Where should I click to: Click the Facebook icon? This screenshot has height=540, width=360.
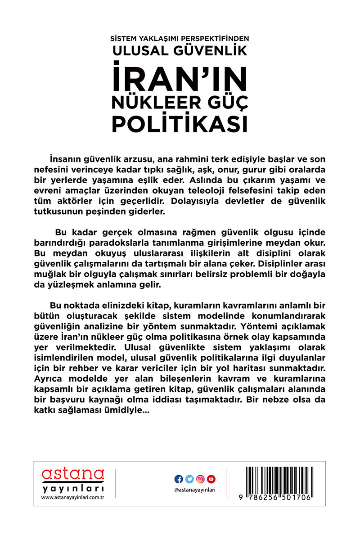(x=178, y=479)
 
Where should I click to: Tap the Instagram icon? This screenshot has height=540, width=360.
(x=201, y=479)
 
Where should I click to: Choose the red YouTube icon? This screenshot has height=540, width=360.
(x=212, y=479)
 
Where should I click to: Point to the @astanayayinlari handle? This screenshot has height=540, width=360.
(x=195, y=490)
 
